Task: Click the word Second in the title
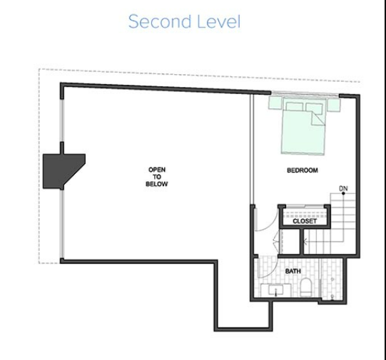tap(160, 21)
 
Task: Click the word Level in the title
tap(219, 21)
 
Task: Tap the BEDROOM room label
tap(303, 170)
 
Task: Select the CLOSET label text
tap(305, 221)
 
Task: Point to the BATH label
tap(293, 271)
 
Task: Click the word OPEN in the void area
tap(157, 170)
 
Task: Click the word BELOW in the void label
tap(157, 184)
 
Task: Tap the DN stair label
tap(343, 189)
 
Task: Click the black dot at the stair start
tap(343, 193)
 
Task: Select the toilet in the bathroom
tap(306, 287)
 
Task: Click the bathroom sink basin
tap(276, 291)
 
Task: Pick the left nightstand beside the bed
tap(275, 103)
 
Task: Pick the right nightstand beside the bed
tap(334, 105)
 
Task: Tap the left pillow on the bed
tap(295, 107)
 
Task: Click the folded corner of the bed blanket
tap(318, 118)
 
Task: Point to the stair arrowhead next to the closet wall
tap(305, 242)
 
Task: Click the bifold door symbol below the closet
tap(276, 242)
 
